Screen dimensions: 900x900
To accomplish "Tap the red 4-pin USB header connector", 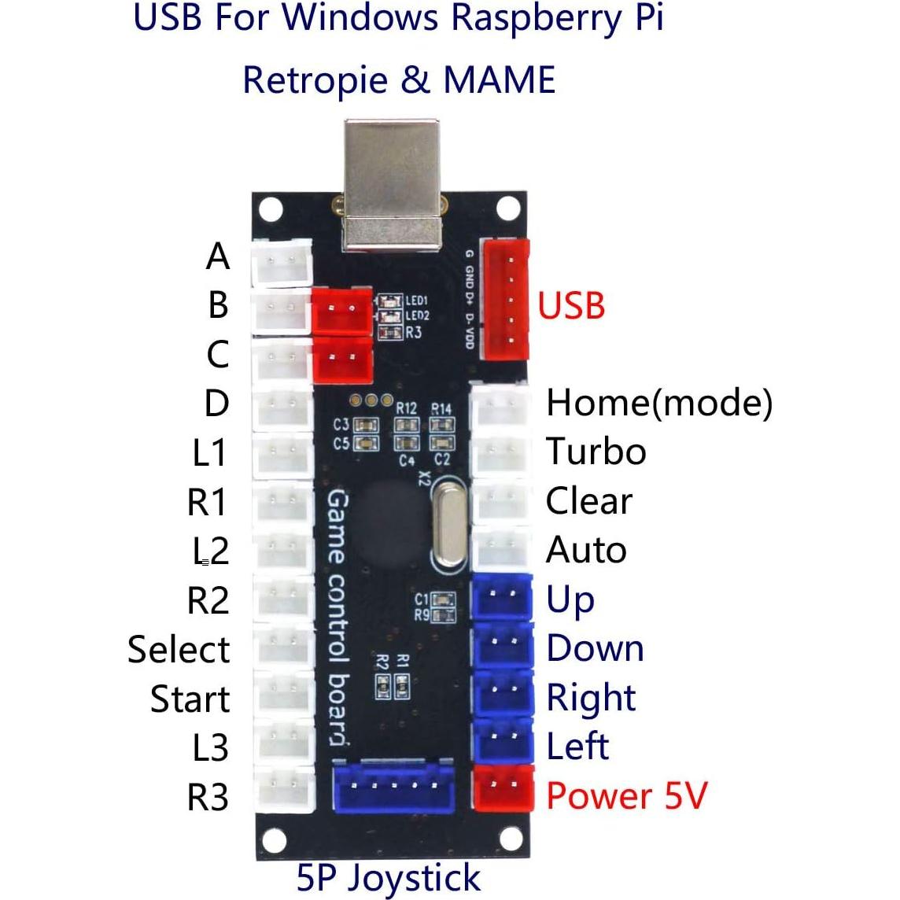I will click(506, 299).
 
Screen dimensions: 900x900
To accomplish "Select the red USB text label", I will click(571, 305).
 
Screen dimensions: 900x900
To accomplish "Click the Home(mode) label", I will click(658, 403).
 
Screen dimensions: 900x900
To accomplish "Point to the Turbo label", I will click(596, 452).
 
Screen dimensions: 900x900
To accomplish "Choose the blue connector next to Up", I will click(502, 599).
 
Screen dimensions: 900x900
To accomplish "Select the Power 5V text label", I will click(626, 795).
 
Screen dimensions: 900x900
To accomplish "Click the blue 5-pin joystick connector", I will click(394, 787).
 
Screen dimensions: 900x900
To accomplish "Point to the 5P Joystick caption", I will click(388, 877).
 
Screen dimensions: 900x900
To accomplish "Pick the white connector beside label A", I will click(279, 263).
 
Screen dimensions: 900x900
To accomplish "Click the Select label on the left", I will click(179, 650).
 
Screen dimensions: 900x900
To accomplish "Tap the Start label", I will click(190, 699).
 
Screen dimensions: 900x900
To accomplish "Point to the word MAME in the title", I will click(500, 80).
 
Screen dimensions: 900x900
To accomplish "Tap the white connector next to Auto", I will click(500, 550).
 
